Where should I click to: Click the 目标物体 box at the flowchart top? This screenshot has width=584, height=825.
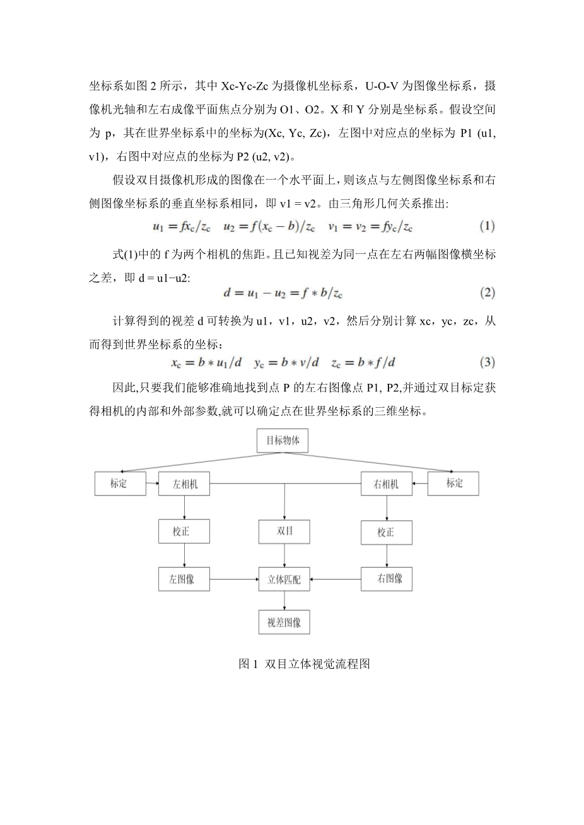coord(283,440)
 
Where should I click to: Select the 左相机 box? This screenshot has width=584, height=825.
coord(184,484)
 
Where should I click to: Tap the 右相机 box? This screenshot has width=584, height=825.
coord(386,484)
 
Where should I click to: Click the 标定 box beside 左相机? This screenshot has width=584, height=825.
coord(119,483)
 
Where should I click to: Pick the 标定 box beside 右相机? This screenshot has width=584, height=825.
coord(453,483)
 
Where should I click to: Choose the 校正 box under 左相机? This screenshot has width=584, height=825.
coord(184,531)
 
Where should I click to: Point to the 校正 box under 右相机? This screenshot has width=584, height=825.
coord(386,532)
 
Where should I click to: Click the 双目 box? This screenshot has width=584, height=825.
coord(284,531)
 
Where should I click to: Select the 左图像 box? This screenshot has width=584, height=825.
coord(184,579)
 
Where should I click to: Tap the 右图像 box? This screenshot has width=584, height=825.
coord(386,579)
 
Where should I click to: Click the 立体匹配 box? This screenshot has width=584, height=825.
coord(284,579)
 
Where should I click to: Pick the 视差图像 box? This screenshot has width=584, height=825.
coord(284,622)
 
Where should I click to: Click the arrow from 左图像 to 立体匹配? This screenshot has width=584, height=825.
coord(234,579)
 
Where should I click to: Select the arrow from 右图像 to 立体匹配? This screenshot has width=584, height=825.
coord(336,579)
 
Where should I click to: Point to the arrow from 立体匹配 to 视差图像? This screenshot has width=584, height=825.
coord(284,601)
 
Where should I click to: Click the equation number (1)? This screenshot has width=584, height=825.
coord(487,226)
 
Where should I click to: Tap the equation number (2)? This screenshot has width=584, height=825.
coord(487,293)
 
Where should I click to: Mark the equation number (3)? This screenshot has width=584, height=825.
coord(487,362)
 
